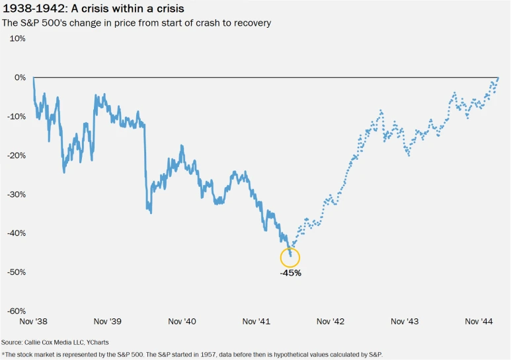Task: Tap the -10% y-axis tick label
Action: point(16,116)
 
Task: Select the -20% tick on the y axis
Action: point(16,155)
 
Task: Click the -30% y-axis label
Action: point(16,194)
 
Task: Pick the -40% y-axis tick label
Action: point(16,233)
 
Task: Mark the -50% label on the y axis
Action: point(16,272)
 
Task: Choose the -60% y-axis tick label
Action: point(16,311)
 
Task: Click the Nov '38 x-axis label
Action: point(33,322)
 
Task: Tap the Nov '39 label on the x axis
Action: point(108,322)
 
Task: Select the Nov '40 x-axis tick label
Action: point(182,322)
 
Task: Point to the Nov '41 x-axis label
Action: point(256,322)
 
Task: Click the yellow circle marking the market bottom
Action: point(290,258)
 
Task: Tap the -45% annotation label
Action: point(290,272)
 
